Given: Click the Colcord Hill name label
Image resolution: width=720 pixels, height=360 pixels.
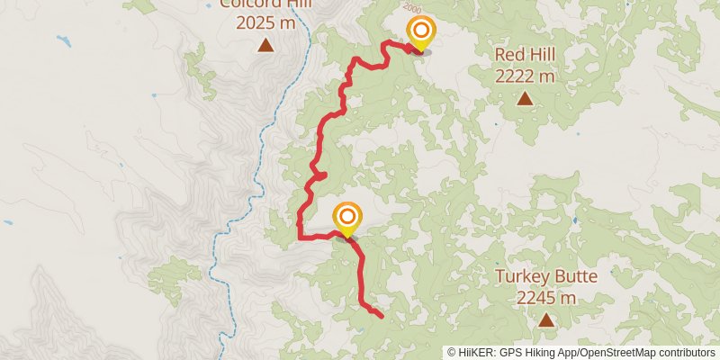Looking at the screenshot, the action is (265, 4).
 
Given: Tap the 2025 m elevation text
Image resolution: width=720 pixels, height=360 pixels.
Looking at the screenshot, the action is (265, 23).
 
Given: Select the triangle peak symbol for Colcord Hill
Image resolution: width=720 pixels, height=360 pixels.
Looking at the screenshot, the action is (265, 45).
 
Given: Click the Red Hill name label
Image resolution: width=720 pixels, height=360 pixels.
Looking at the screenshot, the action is (524, 55).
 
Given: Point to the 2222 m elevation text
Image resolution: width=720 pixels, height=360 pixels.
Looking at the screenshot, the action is (524, 76).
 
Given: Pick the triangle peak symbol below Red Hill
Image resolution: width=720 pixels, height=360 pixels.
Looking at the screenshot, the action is (524, 98).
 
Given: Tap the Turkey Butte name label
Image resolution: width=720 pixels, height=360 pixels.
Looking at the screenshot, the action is (546, 276).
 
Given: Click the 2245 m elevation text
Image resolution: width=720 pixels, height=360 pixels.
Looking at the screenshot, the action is (546, 297).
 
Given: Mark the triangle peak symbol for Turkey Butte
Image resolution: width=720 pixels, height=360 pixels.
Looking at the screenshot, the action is (545, 319).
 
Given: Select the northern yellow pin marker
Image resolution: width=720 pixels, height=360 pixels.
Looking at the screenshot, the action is (418, 32).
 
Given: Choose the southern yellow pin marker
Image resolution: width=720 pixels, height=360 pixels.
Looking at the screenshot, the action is (347, 219).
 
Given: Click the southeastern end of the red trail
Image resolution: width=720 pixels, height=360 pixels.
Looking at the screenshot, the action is (382, 316).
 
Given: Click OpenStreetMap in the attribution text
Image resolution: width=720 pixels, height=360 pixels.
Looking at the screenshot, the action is (616, 353).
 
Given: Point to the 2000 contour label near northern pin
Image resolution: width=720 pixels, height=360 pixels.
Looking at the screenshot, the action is (438, 9).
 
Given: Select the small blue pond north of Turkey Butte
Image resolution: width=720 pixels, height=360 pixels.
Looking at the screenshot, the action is (573, 220).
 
